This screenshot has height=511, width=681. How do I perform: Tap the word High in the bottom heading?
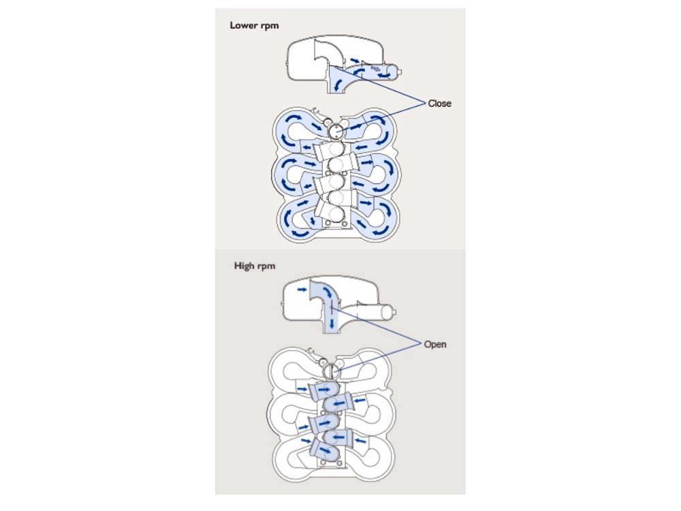pos(244,266)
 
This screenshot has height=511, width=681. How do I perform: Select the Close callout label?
pos(439,104)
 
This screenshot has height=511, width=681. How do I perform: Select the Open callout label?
pos(435,344)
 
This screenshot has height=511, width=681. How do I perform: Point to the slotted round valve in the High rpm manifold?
pos(332,371)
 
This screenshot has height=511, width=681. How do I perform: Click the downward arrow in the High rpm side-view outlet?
pos(332,324)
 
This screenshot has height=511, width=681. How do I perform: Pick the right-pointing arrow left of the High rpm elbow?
pos(301,290)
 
